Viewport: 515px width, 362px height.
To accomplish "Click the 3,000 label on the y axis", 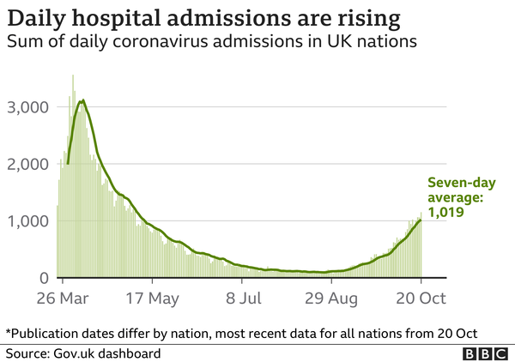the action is (x=28, y=107).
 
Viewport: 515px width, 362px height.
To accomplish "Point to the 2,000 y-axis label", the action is (x=28, y=164).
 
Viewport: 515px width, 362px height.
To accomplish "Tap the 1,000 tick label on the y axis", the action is (x=28, y=221).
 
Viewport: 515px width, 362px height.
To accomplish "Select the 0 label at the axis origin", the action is (x=44, y=278).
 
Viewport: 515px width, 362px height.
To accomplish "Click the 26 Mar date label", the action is (x=63, y=299).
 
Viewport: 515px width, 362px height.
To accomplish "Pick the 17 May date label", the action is (x=153, y=299).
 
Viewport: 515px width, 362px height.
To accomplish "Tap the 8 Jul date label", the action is (x=244, y=299).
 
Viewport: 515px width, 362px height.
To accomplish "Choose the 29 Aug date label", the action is (x=331, y=299).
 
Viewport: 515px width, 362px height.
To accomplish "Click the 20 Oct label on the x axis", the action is (x=421, y=299).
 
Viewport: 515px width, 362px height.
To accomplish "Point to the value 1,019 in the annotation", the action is (x=445, y=212).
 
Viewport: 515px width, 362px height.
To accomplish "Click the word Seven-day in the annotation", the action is (x=462, y=183).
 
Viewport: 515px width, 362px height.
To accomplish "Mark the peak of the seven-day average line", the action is (x=83, y=100).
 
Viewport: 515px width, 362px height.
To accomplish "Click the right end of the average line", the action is (x=421, y=220).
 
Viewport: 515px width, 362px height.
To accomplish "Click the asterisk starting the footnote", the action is (x=9, y=331).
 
